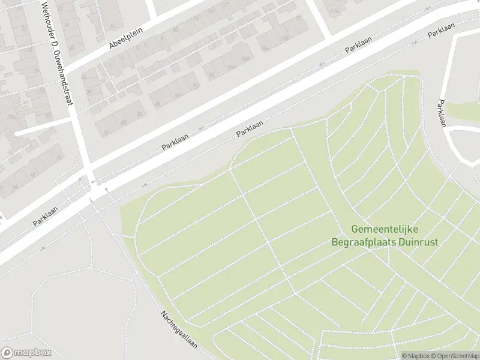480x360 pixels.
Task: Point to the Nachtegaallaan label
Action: click(x=179, y=329)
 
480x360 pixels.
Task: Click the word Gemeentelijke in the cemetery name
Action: click(x=385, y=230)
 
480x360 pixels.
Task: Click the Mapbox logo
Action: click(x=26, y=353)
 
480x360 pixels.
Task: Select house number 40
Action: click(x=112, y=26)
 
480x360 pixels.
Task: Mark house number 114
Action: click(x=335, y=11)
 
